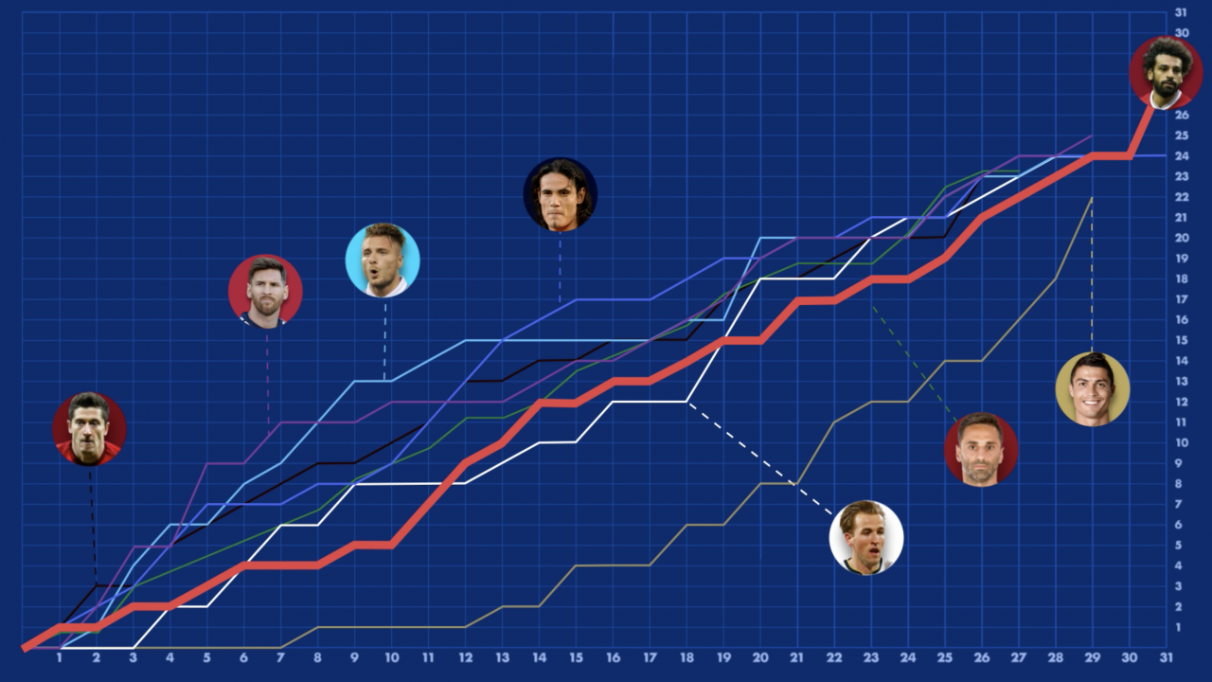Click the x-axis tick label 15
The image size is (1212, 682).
tap(576, 657)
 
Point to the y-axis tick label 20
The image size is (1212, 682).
tap(1180, 237)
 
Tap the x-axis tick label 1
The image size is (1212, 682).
tap(59, 657)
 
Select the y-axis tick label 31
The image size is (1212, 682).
tap(1180, 12)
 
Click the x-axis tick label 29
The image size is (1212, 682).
tap(1092, 657)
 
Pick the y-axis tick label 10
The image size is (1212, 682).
tap(1180, 442)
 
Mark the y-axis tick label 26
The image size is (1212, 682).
tap(1180, 115)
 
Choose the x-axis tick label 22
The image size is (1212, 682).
tap(834, 657)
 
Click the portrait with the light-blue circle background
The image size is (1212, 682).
tap(383, 260)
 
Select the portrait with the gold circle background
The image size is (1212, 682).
tap(1092, 388)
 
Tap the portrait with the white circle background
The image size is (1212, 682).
tap(866, 537)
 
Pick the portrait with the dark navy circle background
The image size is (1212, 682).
tap(560, 194)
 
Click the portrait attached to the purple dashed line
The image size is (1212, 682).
tap(265, 291)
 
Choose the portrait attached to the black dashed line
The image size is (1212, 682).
tap(89, 428)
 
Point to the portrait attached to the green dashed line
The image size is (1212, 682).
tap(981, 449)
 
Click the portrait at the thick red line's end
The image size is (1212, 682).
tap(1167, 72)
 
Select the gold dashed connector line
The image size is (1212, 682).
tap(1092, 275)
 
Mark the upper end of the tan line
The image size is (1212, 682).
tap(1092, 197)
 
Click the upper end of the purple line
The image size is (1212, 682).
tap(1092, 135)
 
